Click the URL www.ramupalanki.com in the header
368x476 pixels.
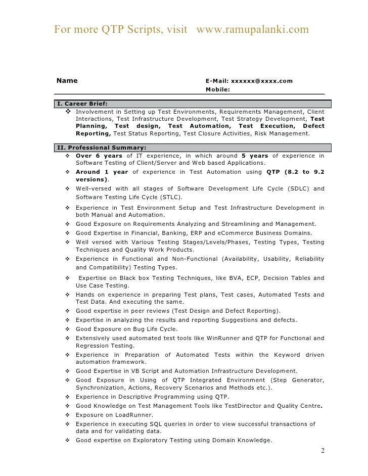coord(252,29)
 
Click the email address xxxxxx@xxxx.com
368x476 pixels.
coord(261,81)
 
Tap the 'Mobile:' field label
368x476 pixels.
coord(218,90)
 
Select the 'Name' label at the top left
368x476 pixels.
coord(67,80)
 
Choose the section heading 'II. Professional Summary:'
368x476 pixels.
coord(102,148)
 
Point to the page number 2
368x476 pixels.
coord(323,451)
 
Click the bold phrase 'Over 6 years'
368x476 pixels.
coord(99,156)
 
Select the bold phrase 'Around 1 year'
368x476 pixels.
coord(101,172)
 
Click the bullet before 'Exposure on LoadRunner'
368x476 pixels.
coord(68,415)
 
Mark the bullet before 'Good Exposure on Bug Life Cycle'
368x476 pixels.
coord(68,329)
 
